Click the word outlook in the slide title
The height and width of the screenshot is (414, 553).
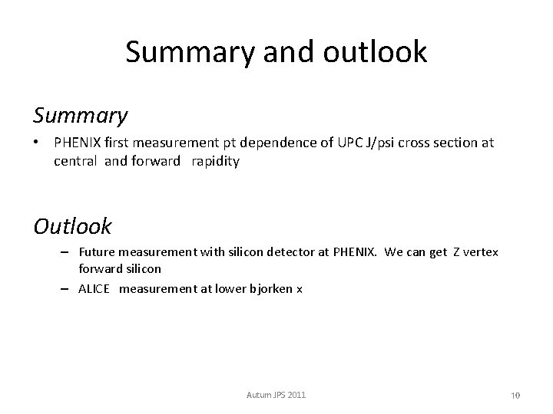tap(376, 52)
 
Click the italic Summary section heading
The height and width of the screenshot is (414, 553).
tap(80, 115)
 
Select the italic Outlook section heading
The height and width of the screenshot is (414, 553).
tap(73, 226)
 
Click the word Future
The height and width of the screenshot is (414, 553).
tap(95, 251)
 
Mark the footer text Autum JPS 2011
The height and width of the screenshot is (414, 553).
tap(276, 394)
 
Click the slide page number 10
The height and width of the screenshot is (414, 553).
tap(515, 395)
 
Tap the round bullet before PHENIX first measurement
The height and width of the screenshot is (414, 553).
tap(37, 143)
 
